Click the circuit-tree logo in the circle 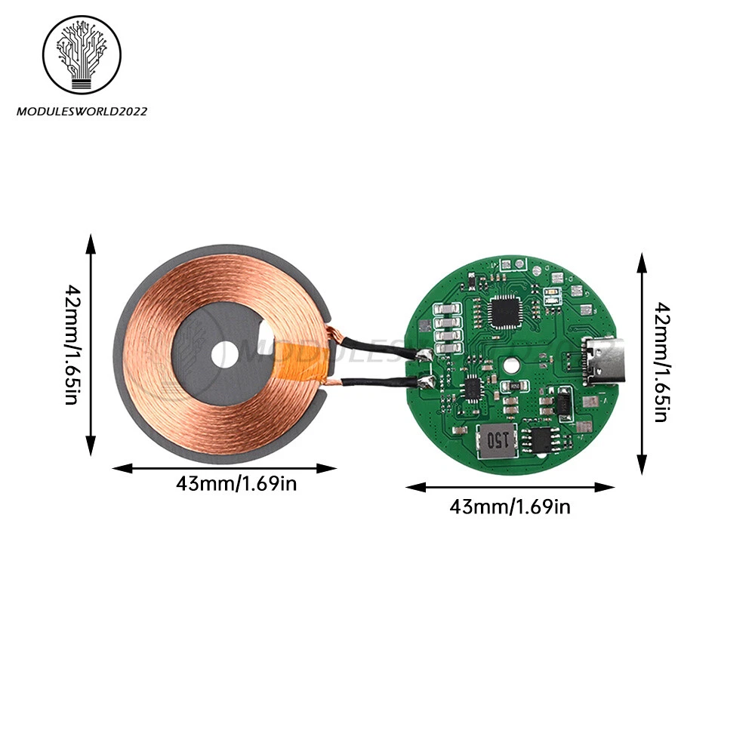[x=82, y=55]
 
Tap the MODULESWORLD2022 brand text [x=82, y=111]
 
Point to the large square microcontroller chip [x=503, y=310]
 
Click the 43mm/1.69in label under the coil [x=236, y=484]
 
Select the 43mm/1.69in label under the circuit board [x=510, y=507]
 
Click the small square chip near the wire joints [x=473, y=388]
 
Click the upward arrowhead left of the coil [x=91, y=243]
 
